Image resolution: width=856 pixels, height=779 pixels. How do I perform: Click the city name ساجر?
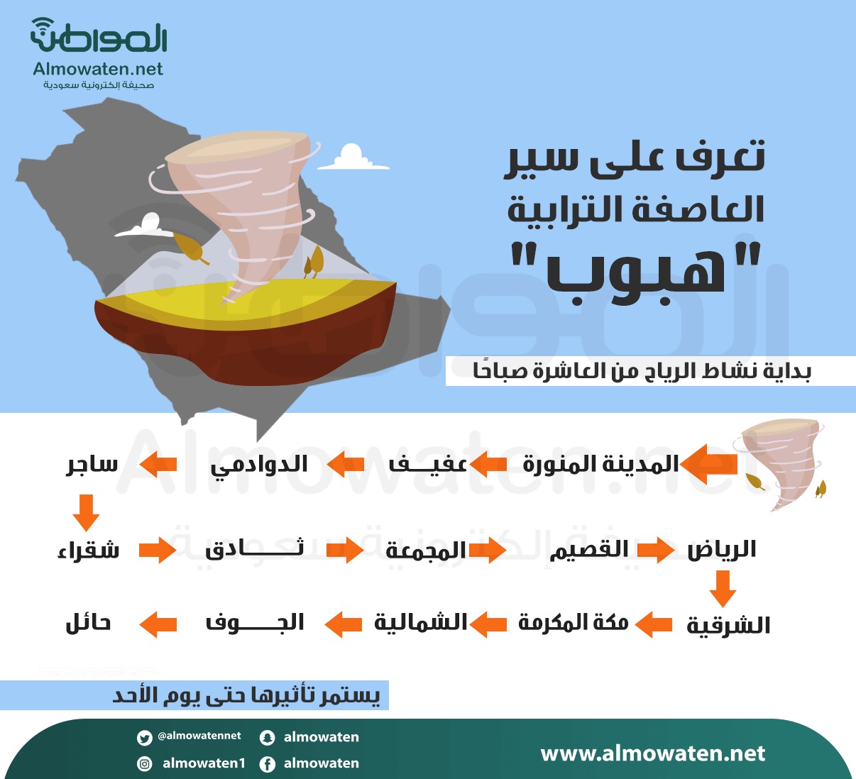coord(92,465)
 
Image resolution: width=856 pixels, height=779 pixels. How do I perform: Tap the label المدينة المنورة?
coord(600,464)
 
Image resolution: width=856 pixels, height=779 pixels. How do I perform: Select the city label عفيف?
coord(427,464)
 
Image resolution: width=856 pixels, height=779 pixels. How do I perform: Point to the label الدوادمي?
coord(258,465)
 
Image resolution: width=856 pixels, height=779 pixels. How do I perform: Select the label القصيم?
coord(589,549)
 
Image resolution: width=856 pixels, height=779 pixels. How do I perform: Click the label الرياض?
coord(722,549)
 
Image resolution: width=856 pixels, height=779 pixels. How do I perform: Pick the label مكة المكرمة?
coord(573,623)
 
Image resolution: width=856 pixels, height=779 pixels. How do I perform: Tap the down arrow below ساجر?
coord(86,512)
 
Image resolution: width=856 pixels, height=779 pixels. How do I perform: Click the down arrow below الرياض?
coord(723,589)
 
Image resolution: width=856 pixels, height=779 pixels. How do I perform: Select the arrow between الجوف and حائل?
coord(158,624)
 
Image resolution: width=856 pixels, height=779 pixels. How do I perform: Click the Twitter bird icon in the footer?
coord(145,738)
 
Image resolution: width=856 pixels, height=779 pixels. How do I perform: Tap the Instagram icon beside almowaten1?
coord(145,763)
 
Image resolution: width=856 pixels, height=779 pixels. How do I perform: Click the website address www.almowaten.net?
coord(653,754)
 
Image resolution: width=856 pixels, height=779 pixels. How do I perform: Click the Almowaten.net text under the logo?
coord(98,69)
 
